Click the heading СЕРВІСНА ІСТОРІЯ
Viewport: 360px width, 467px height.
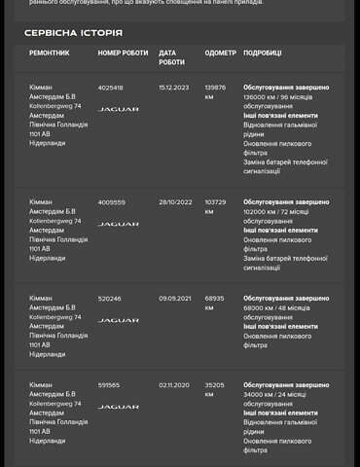coord(73,33)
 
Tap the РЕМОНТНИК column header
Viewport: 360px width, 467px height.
coord(49,53)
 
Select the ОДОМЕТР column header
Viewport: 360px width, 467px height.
coord(220,53)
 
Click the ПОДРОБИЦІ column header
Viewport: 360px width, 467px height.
coord(262,53)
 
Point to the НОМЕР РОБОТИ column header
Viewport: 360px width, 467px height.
coord(123,53)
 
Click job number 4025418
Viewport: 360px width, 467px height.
coord(111,88)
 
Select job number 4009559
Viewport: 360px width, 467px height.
coord(112,202)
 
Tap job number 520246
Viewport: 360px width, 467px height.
coord(110,299)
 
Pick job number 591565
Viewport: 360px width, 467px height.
coord(109,385)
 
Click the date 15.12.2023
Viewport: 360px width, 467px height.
coord(174,88)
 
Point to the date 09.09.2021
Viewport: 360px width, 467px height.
coord(175,299)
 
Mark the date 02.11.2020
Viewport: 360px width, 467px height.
coord(174,385)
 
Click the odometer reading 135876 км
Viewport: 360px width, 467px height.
coord(215,92)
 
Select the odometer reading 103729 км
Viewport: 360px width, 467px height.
coord(215,207)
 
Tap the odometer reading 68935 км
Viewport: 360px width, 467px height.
coord(214,304)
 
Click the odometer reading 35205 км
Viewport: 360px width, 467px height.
coord(214,390)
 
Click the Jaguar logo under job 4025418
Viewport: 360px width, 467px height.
coord(118,110)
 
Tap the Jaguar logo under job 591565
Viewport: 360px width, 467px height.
coord(118,408)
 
